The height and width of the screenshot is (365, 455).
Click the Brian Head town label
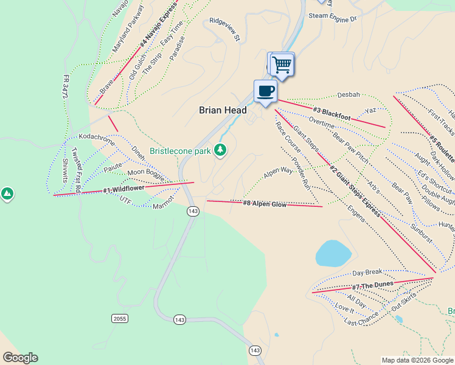point(223,110)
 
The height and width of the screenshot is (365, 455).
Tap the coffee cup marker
point(265,92)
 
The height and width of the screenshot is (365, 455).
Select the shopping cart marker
point(282,63)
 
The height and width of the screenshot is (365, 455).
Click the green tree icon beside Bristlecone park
point(220,150)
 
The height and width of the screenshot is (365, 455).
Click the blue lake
point(333,253)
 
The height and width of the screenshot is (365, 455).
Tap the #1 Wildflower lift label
point(123,189)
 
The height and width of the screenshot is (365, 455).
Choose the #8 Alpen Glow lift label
point(265,204)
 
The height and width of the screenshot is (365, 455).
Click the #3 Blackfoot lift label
point(332,113)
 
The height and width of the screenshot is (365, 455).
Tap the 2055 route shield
point(120,319)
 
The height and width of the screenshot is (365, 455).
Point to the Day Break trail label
point(367,273)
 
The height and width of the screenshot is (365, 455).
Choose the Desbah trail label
point(349,95)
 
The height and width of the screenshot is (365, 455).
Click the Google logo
point(20,358)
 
